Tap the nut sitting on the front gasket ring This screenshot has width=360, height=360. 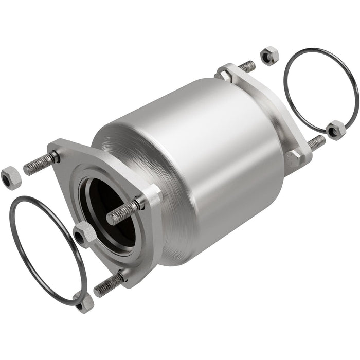pos(83,302)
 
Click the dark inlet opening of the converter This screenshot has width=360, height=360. pos(103,201)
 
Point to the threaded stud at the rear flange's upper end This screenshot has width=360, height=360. pos(246,66)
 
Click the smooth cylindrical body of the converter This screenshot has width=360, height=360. pos(206,154)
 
